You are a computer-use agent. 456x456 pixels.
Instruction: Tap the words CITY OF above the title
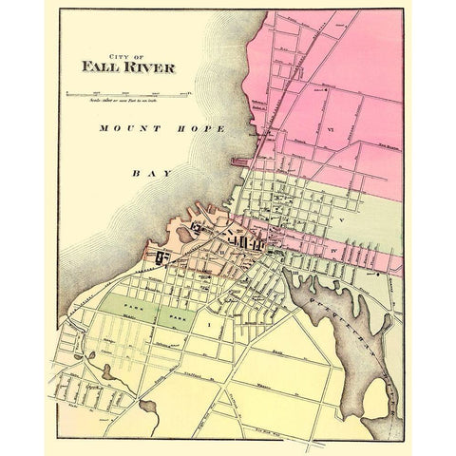point(126,53)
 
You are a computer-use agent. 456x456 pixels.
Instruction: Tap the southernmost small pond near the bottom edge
point(150,407)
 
